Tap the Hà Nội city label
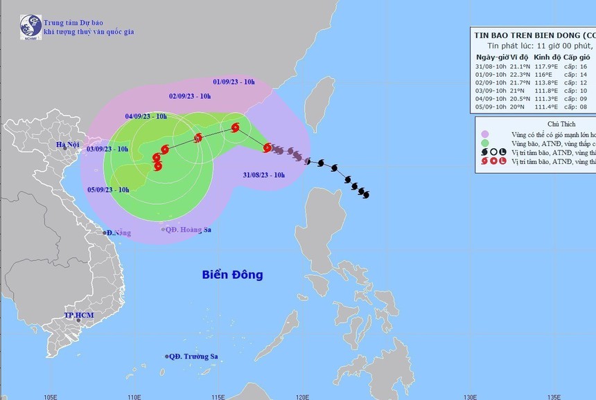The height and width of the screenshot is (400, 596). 70,145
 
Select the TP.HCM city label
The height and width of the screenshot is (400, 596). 78,316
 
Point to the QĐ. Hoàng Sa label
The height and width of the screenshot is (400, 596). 186,229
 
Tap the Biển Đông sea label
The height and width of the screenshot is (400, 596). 233,275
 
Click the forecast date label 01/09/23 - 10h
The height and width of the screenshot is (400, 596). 234,82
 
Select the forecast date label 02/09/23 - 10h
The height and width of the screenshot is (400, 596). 190,96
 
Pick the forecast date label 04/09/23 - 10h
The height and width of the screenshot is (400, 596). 146,116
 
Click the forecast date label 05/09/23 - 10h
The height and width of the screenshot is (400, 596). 108,190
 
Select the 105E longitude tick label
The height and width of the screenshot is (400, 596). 50,396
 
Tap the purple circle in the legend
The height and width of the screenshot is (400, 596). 486,134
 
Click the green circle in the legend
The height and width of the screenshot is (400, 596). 486,143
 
